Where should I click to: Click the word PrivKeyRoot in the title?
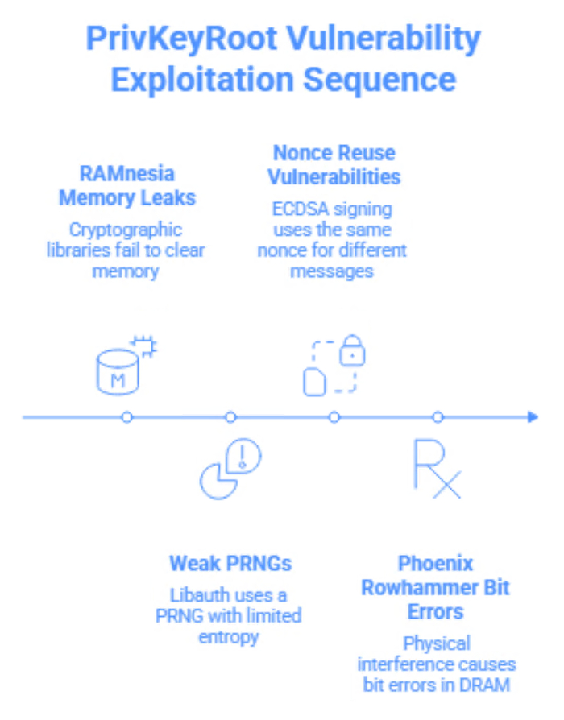point(181,38)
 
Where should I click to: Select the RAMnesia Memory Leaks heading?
point(126,184)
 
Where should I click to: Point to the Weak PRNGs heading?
point(230,562)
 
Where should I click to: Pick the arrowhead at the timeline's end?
point(532,417)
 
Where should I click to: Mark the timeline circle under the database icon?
point(126,417)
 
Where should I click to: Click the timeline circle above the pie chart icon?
point(230,417)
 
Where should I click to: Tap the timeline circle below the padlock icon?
point(334,417)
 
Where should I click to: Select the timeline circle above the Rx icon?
point(438,417)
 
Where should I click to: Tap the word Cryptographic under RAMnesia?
point(125,230)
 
